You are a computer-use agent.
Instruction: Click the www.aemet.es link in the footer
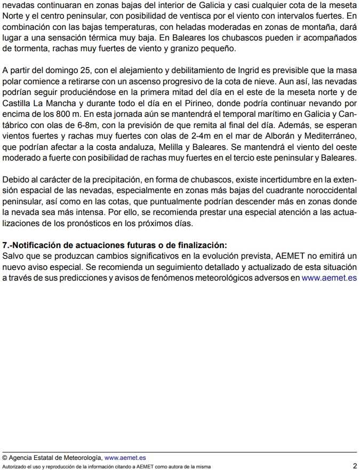(x=125, y=458)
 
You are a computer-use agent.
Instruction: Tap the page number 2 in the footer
(x=354, y=466)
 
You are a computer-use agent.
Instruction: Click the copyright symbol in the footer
(x=5, y=458)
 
